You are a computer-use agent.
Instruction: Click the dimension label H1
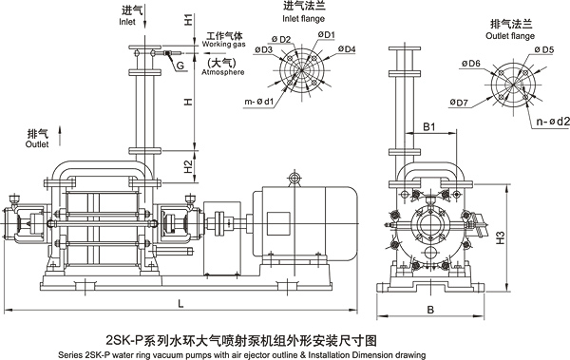[187, 19]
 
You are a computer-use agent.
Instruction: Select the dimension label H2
[187, 166]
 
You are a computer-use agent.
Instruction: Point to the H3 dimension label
[501, 237]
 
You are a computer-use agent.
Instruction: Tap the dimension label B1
[429, 127]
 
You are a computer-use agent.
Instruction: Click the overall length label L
[180, 303]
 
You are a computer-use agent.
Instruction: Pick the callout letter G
[180, 66]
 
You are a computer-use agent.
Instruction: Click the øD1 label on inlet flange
[327, 34]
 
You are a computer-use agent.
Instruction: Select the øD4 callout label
[347, 48]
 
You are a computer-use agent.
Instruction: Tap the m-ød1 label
[258, 102]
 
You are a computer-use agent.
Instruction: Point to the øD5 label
[544, 49]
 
